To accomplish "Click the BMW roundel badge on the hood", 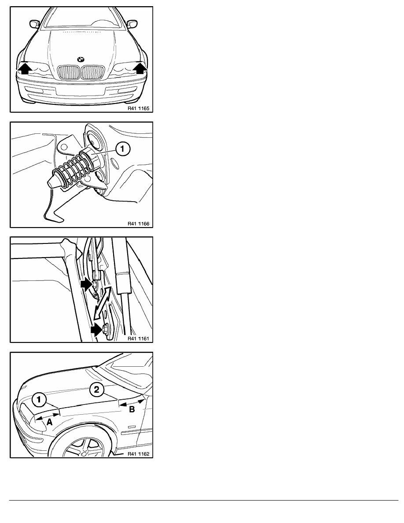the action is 81,59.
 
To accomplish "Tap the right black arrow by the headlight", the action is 140,68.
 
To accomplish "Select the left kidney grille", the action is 69,73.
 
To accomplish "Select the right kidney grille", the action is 93,73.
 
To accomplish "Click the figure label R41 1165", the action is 139,108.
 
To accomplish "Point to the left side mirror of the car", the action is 35,24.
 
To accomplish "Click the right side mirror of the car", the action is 132,24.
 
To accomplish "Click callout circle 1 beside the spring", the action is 123,148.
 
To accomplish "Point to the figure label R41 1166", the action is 139,224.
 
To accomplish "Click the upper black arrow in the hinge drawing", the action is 86,284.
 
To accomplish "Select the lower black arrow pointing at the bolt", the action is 97,330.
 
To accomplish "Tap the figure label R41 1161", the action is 139,339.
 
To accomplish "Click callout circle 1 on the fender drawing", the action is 39,400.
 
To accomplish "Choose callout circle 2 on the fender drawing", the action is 97,390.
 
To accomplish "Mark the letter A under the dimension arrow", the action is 49,422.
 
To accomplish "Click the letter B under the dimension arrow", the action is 132,409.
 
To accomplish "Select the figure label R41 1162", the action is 139,453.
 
